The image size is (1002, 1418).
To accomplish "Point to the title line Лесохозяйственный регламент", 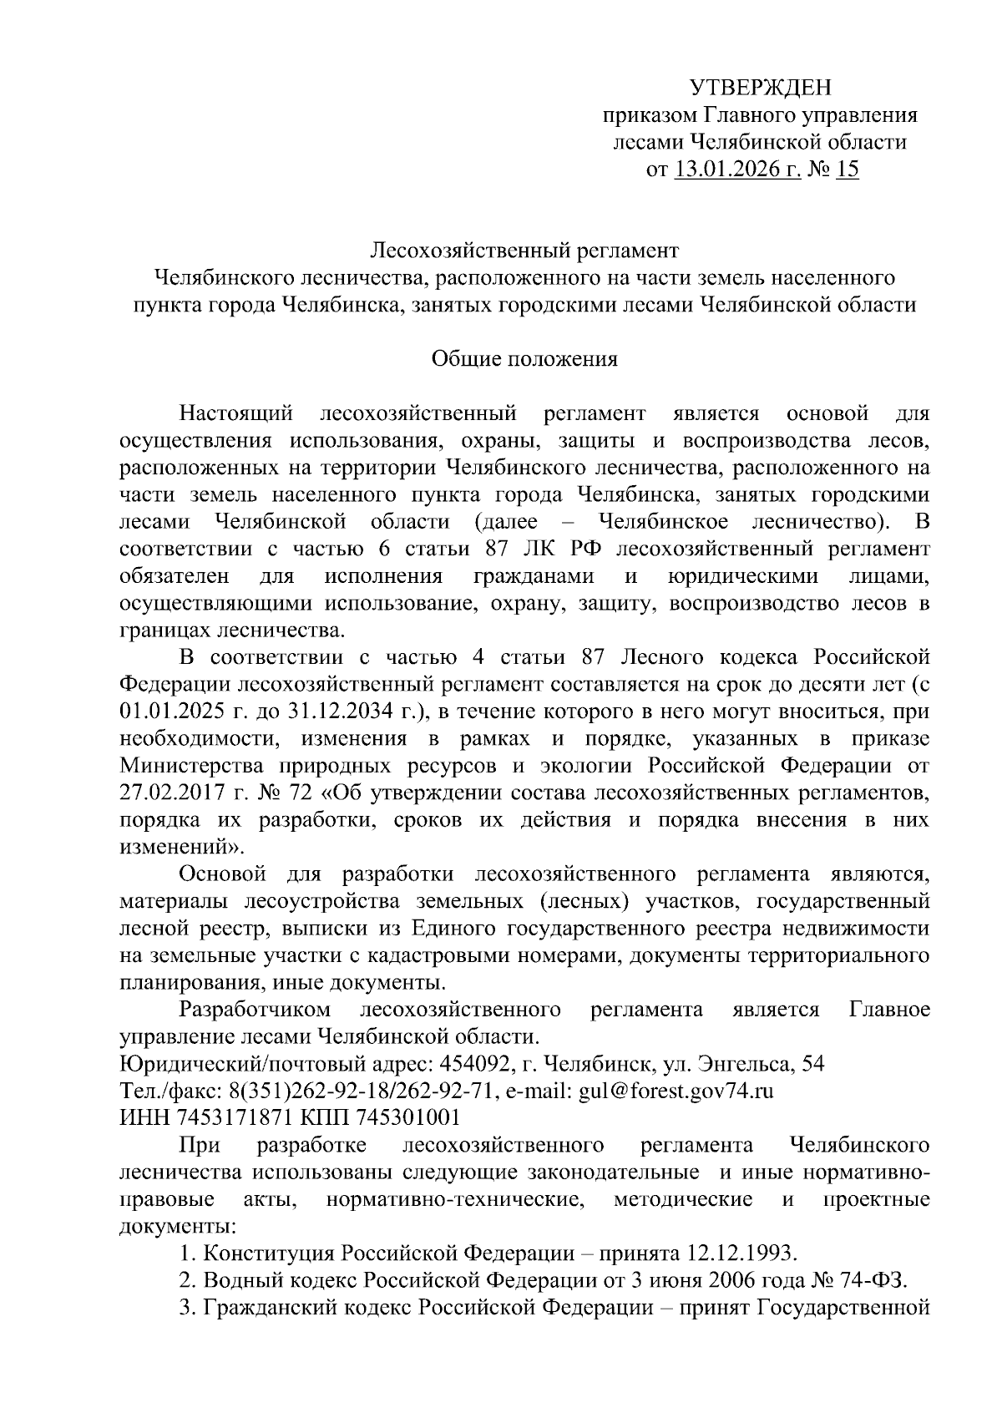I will tap(525, 251).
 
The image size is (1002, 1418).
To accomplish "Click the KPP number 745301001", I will tap(407, 1117).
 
